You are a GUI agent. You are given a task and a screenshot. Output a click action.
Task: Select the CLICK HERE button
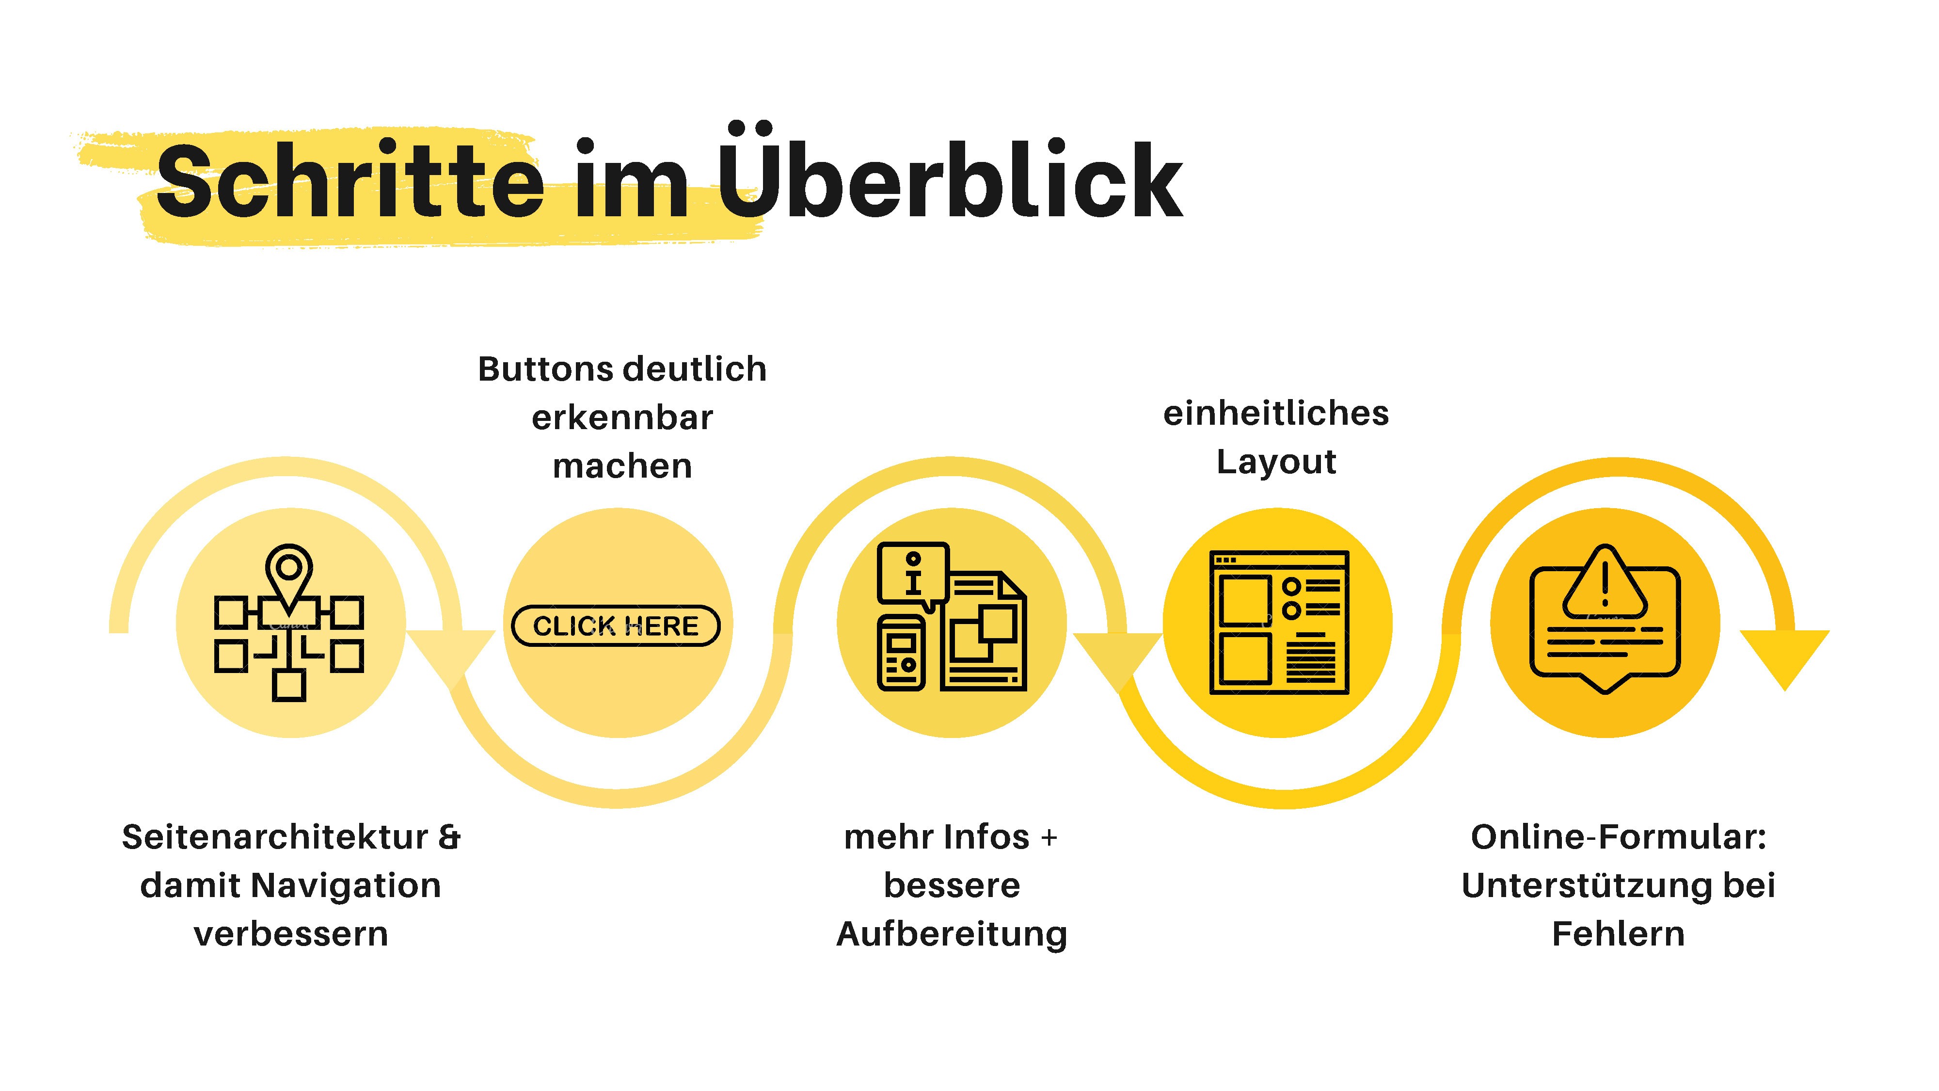coord(616,626)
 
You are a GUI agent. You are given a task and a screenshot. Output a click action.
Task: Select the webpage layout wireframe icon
coord(1279,623)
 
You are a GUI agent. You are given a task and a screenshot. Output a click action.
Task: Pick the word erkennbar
coord(622,418)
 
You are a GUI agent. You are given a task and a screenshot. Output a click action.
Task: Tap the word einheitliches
coord(1276,413)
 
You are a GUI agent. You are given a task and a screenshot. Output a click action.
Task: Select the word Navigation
coord(346,885)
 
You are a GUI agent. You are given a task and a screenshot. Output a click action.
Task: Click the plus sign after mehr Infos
coord(1049,838)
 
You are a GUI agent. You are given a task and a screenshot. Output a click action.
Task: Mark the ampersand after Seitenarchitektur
coord(448,837)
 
